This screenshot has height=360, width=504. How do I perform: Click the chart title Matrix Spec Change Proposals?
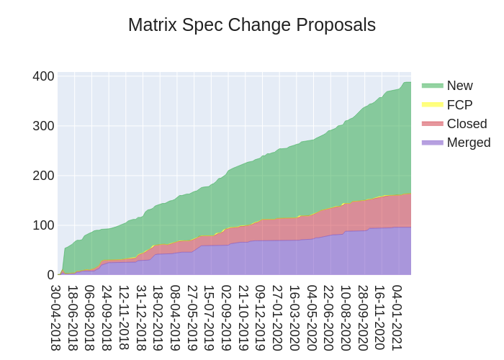click(251, 25)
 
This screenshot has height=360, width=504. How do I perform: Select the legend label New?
click(459, 86)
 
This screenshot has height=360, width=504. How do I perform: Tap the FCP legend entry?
click(459, 104)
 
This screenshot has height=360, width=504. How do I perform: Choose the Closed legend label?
click(467, 123)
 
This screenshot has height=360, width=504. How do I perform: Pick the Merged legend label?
click(468, 143)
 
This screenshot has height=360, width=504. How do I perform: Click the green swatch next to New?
click(432, 86)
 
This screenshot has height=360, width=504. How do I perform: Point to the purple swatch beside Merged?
click(432, 143)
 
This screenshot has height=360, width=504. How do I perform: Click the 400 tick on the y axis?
click(43, 76)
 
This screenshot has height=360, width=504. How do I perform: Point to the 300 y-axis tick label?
click(43, 126)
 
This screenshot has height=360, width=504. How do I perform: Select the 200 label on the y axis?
click(43, 176)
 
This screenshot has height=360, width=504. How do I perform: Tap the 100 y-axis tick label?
click(43, 225)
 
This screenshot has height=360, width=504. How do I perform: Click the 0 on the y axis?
click(50, 275)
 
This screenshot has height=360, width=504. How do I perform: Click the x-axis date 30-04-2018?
click(56, 318)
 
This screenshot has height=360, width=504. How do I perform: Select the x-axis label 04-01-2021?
click(397, 318)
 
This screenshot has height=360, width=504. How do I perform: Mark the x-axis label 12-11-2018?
click(125, 318)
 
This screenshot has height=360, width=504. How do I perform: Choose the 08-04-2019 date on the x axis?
click(176, 318)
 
